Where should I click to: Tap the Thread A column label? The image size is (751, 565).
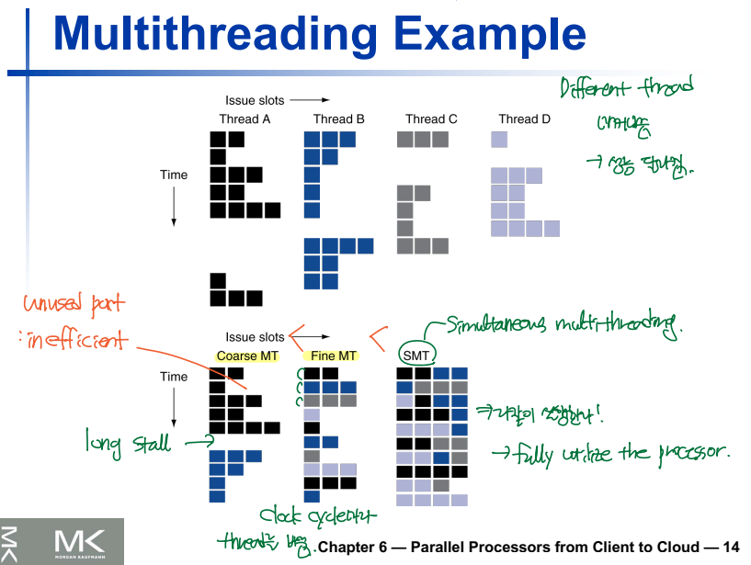245,119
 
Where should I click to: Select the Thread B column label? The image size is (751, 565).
338,119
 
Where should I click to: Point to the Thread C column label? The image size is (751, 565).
431,119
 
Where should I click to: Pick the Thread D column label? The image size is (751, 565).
524,119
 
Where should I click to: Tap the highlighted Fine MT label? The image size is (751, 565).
330,356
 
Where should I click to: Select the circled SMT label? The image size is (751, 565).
415,355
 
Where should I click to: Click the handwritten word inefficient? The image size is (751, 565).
69,341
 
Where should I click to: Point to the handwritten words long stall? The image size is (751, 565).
128,444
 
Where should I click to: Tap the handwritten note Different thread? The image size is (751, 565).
627,89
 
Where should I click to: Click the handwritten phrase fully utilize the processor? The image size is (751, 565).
621,453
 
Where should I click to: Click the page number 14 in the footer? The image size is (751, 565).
732,547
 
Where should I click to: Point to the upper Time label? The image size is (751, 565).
174,175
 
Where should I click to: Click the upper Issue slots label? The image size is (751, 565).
255,100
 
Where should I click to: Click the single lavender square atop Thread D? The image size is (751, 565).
499,140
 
